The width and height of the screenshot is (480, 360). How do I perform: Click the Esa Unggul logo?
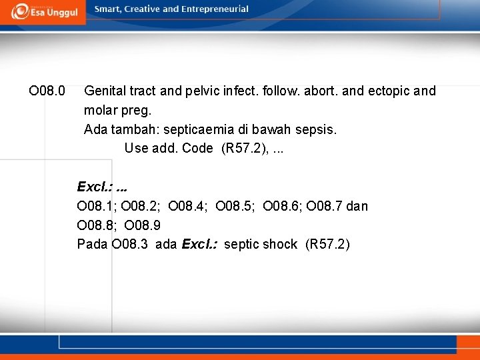point(44,11)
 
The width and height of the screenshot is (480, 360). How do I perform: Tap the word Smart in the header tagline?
point(109,9)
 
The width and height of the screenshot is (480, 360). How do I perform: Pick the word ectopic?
point(386,91)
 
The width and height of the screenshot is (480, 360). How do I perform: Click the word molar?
point(100,110)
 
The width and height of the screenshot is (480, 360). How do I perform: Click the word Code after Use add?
point(197,148)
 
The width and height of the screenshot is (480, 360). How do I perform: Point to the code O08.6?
point(283,206)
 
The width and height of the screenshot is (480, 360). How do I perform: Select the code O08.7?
point(327,206)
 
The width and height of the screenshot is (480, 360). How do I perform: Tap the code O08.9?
point(142,225)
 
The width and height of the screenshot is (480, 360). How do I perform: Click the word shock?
point(280,244)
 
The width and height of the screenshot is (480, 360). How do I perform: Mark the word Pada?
point(92,244)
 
